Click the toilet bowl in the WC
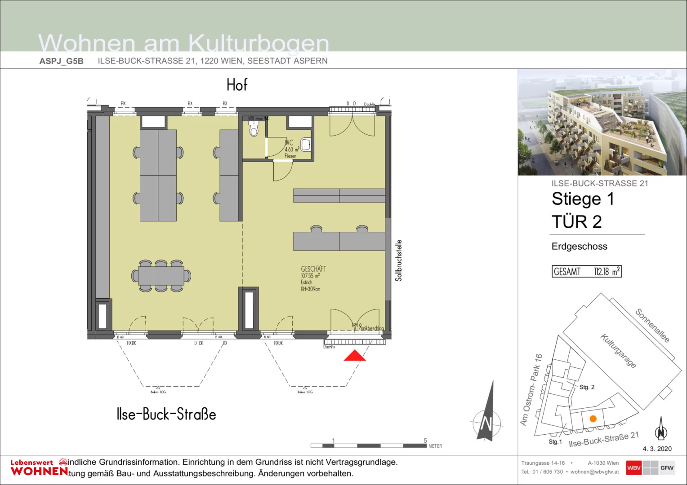click(254, 130)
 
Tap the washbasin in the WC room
click(306, 145)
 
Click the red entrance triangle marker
click(355, 356)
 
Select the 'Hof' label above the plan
click(237, 85)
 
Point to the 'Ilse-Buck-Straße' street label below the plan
click(166, 414)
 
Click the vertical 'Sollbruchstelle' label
click(398, 260)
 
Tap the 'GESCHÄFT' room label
click(313, 269)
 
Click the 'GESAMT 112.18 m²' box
click(587, 272)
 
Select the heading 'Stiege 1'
click(583, 199)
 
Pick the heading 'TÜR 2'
click(576, 222)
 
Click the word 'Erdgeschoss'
click(579, 247)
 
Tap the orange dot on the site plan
click(593, 419)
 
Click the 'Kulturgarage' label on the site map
click(619, 351)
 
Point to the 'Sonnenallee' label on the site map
click(652, 326)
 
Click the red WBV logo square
click(633, 467)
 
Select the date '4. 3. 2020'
click(657, 449)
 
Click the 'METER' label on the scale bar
click(435, 446)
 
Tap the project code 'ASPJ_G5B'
click(61, 61)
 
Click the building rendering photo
click(602, 122)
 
